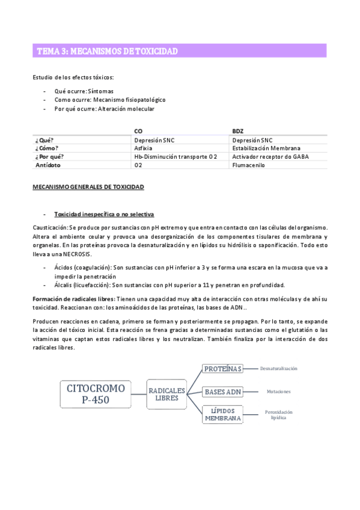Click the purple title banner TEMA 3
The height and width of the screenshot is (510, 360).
pyautogui.click(x=179, y=51)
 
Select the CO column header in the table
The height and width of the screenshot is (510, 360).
pyautogui.click(x=138, y=131)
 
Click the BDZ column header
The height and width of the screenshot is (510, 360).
pyautogui.click(x=237, y=131)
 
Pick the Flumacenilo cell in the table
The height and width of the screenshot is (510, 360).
pyautogui.click(x=249, y=165)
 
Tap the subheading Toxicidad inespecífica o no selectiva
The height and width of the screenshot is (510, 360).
pyautogui.click(x=104, y=214)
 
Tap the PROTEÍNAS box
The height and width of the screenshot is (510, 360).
pyautogui.click(x=222, y=368)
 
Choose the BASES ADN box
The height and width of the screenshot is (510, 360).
pyautogui.click(x=223, y=392)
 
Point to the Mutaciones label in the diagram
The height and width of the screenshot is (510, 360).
pyautogui.click(x=278, y=392)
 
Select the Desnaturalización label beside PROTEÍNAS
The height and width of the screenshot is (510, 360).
pyautogui.click(x=279, y=368)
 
